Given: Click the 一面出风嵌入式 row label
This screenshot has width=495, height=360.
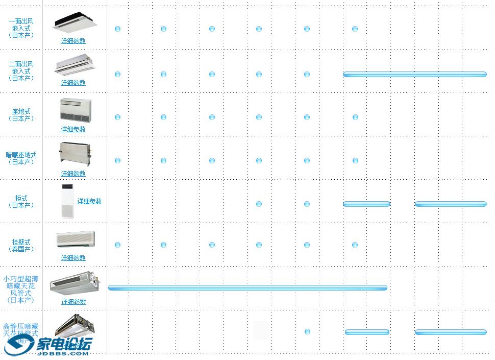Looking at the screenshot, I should [21, 28].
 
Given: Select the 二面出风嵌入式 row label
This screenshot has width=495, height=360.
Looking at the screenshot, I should [21, 71].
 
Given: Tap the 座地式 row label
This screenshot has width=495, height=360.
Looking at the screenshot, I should [21, 115].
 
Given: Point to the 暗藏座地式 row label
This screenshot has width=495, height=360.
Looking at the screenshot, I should [21, 158].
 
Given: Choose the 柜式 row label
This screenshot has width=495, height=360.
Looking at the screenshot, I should [21, 201].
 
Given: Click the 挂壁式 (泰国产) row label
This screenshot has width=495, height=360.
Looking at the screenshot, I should [21, 245].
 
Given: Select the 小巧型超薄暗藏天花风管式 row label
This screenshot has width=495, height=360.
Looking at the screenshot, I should [21, 290].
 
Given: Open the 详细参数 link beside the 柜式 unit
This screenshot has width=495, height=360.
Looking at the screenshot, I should [89, 201].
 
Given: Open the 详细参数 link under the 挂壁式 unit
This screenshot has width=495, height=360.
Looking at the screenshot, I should [73, 258].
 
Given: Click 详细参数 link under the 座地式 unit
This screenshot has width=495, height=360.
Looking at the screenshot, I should [73, 129].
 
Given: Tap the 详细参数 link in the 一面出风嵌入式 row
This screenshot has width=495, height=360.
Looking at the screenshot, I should [73, 41].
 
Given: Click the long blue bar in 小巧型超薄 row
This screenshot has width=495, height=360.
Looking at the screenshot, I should [247, 287].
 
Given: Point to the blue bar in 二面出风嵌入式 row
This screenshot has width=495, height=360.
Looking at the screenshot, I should [414, 75].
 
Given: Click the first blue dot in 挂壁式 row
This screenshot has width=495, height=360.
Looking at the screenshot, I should [118, 245].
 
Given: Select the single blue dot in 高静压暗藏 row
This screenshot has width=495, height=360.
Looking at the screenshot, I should [307, 332].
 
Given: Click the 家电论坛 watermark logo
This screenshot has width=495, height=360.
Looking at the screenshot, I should [48, 346].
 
